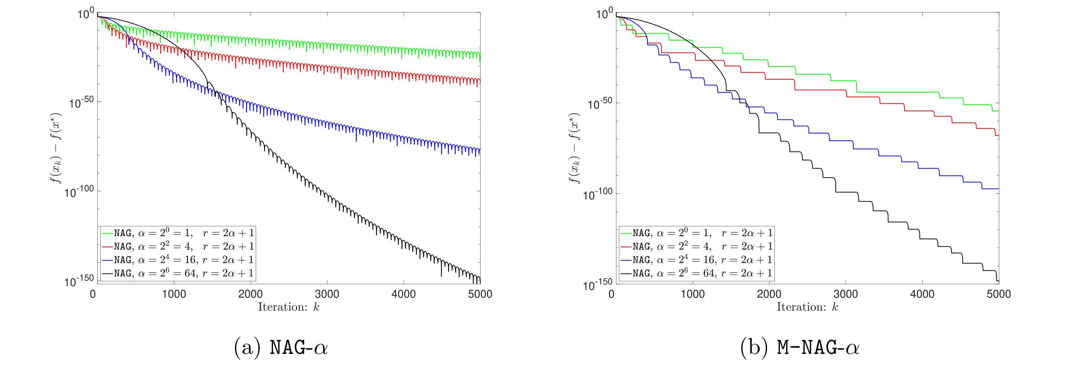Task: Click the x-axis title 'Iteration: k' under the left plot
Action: point(289,307)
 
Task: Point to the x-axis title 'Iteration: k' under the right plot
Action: point(807,307)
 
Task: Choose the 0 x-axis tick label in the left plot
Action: point(93,294)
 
